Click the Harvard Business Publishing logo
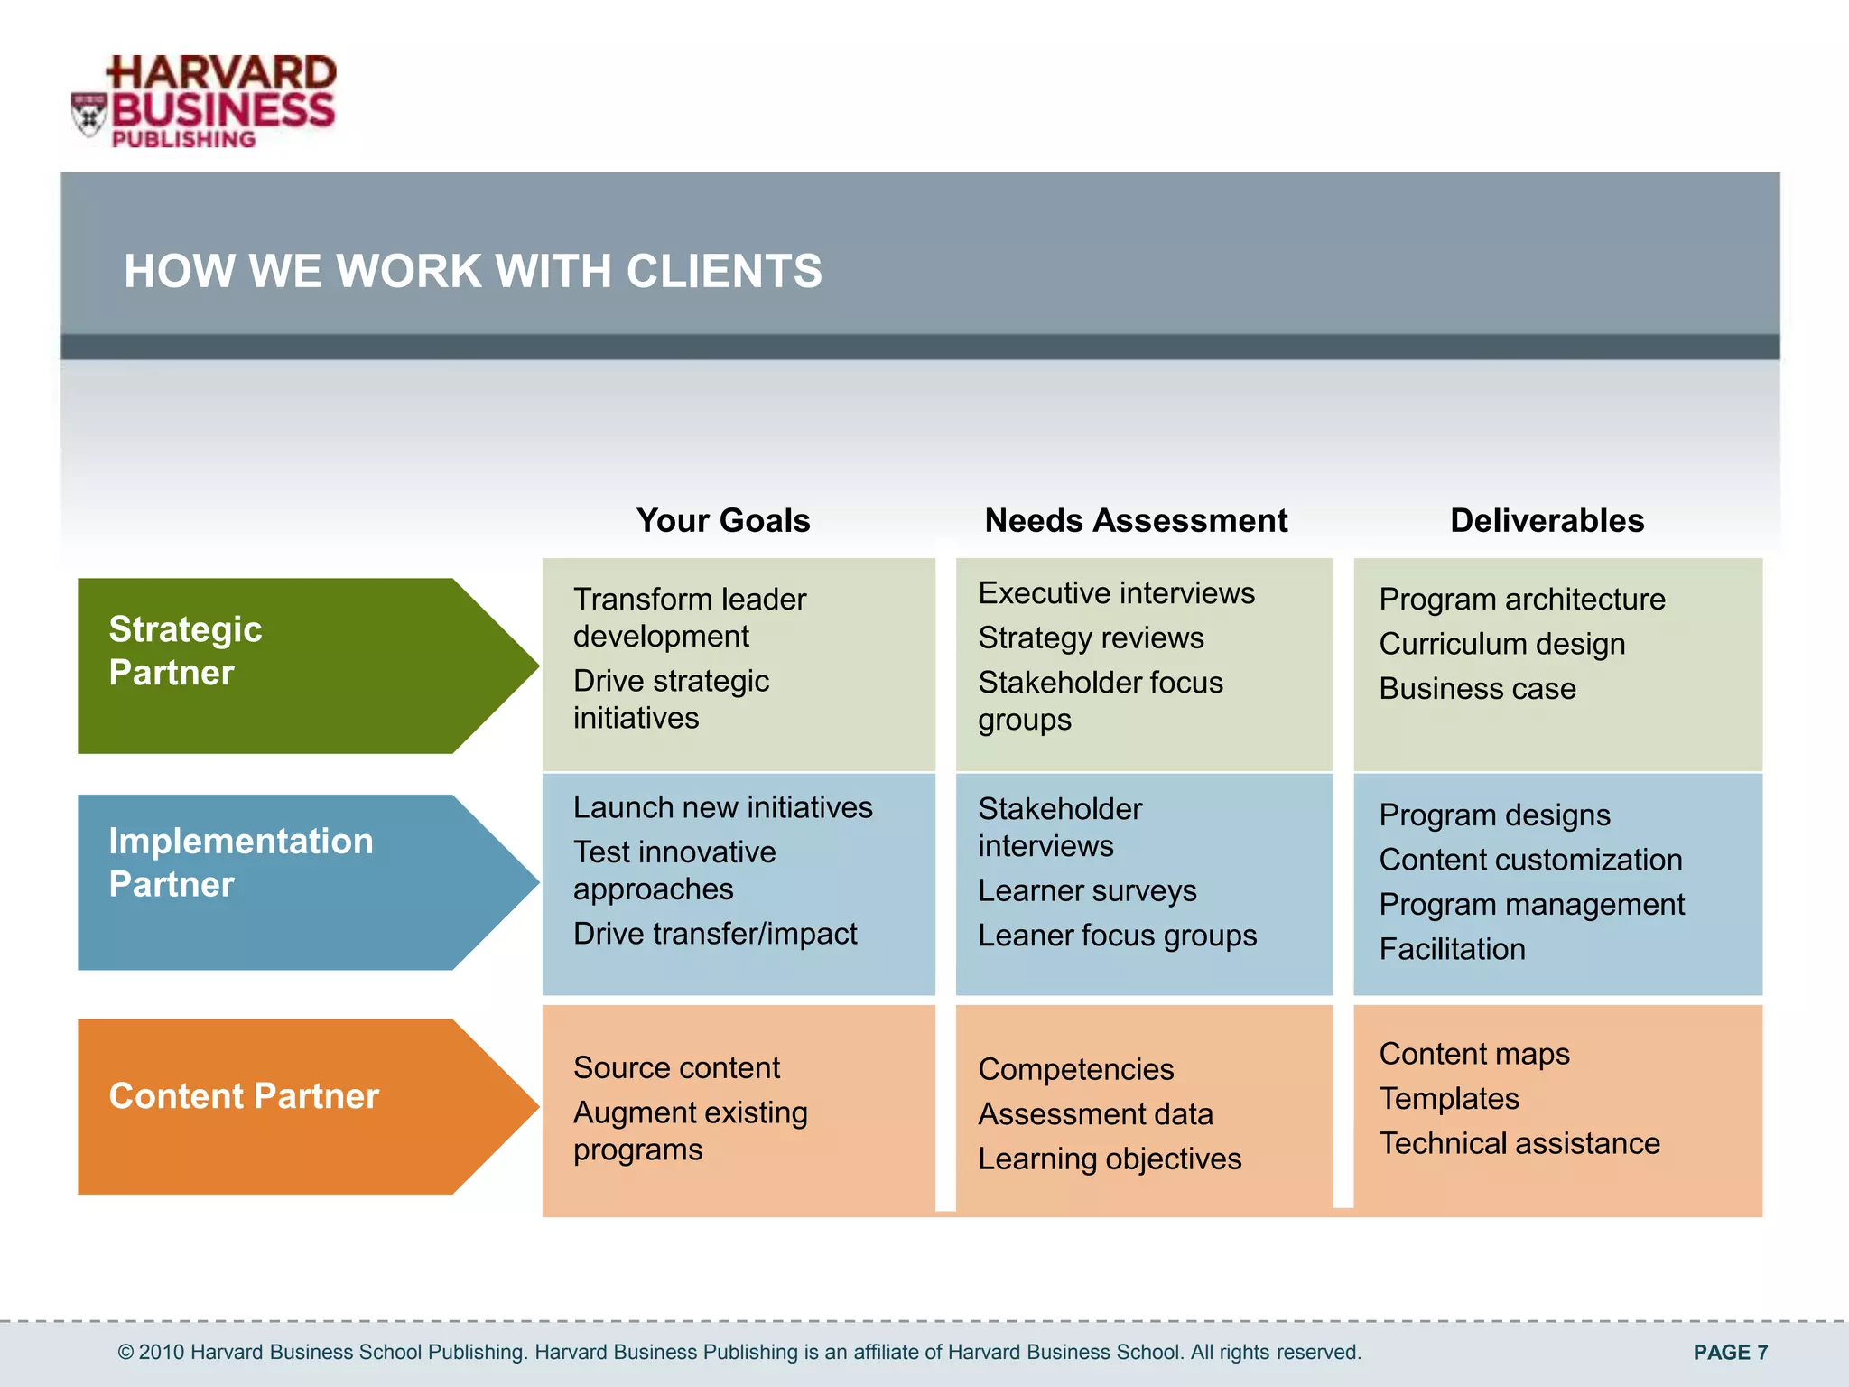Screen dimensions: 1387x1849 point(205,102)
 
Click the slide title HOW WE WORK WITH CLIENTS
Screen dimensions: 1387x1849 point(472,271)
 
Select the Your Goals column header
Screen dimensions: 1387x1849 point(722,521)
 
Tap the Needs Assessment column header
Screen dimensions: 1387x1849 point(1135,521)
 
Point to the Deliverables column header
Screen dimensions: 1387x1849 point(1547,521)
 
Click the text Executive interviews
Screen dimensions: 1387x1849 point(1116,593)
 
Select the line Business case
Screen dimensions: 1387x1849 point(1477,689)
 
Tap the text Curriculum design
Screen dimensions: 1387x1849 point(1501,644)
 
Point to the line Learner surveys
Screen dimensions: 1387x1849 point(1087,891)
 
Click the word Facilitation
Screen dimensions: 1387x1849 point(1452,949)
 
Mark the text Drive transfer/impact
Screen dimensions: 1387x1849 point(715,934)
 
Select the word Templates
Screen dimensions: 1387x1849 point(1448,1099)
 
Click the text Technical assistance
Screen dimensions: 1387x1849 point(1519,1144)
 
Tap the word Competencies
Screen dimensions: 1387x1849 point(1075,1070)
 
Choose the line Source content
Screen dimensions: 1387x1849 point(676,1068)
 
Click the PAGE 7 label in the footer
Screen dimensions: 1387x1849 point(1730,1352)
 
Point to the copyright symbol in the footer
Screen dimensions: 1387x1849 point(126,1353)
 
